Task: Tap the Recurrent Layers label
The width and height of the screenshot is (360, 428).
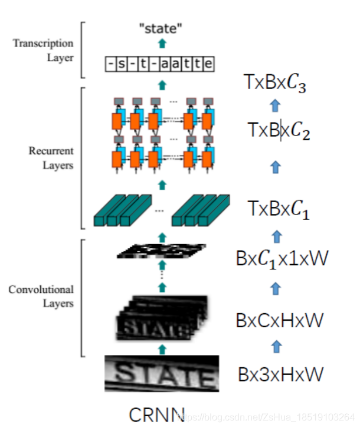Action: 51,158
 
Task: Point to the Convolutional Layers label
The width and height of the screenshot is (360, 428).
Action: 41,297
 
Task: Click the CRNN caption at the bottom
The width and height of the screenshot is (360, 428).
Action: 156,414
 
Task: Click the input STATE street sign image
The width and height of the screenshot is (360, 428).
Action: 162,374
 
